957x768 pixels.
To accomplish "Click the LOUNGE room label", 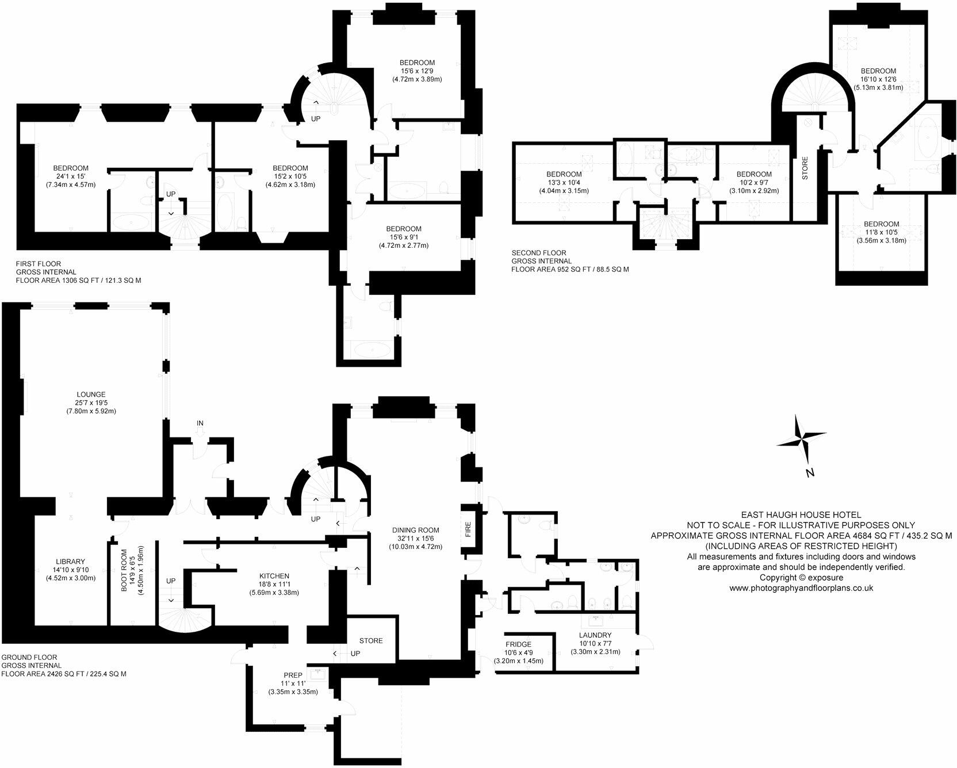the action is coord(93,394).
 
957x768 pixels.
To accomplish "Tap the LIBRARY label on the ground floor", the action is coord(71,562).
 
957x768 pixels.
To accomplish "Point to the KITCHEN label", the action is coord(274,576).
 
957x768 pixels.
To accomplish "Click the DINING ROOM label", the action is coord(416,530).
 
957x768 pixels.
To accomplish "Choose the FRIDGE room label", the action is coord(518,644).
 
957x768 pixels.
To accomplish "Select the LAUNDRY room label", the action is coord(595,635).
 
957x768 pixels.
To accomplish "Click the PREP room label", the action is coord(293,675).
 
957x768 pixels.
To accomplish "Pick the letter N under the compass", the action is coord(810,473).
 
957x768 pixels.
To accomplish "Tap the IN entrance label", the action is coord(200,423).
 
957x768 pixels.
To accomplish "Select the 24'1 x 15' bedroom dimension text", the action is coord(71,176).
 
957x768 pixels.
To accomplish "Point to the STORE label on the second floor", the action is coord(805,168).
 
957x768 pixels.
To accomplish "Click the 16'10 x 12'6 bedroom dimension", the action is coord(878,79).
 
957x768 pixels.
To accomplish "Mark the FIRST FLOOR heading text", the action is coord(39,264).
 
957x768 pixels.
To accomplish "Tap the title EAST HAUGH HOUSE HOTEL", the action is coord(801,515).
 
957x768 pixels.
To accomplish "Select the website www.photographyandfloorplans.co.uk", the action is coord(801,588).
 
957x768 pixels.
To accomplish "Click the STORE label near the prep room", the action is coord(370,640).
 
